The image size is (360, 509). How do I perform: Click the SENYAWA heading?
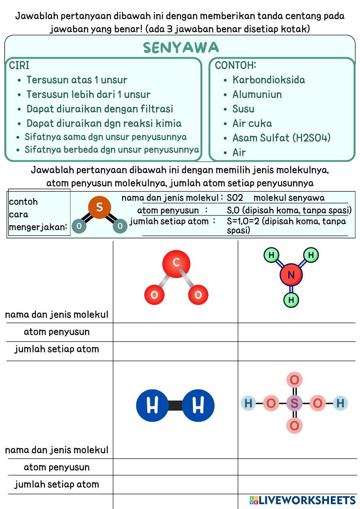[181, 48]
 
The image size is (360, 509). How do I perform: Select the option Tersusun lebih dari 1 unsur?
[88, 94]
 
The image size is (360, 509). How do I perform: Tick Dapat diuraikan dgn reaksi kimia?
[104, 123]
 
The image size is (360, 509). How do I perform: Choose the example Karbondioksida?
[268, 80]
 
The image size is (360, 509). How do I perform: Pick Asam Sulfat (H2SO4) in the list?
[281, 138]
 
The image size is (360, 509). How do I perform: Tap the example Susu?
[243, 109]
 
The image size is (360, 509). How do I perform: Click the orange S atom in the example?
[99, 207]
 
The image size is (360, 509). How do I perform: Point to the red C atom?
[176, 263]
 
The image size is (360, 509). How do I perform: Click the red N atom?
[291, 275]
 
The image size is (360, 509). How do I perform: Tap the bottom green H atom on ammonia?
[291, 299]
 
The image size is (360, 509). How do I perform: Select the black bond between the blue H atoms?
[175, 405]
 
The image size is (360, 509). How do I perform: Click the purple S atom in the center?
[294, 403]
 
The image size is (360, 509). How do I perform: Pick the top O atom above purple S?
[294, 380]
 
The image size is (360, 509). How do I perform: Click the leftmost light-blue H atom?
[248, 403]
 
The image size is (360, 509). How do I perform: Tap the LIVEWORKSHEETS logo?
[302, 500]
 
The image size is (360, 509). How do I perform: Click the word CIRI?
[19, 66]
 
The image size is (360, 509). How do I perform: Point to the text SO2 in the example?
[235, 198]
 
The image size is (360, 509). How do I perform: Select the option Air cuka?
[252, 123]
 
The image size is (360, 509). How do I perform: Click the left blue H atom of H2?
[152, 405]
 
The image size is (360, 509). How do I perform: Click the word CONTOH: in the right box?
[235, 65]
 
